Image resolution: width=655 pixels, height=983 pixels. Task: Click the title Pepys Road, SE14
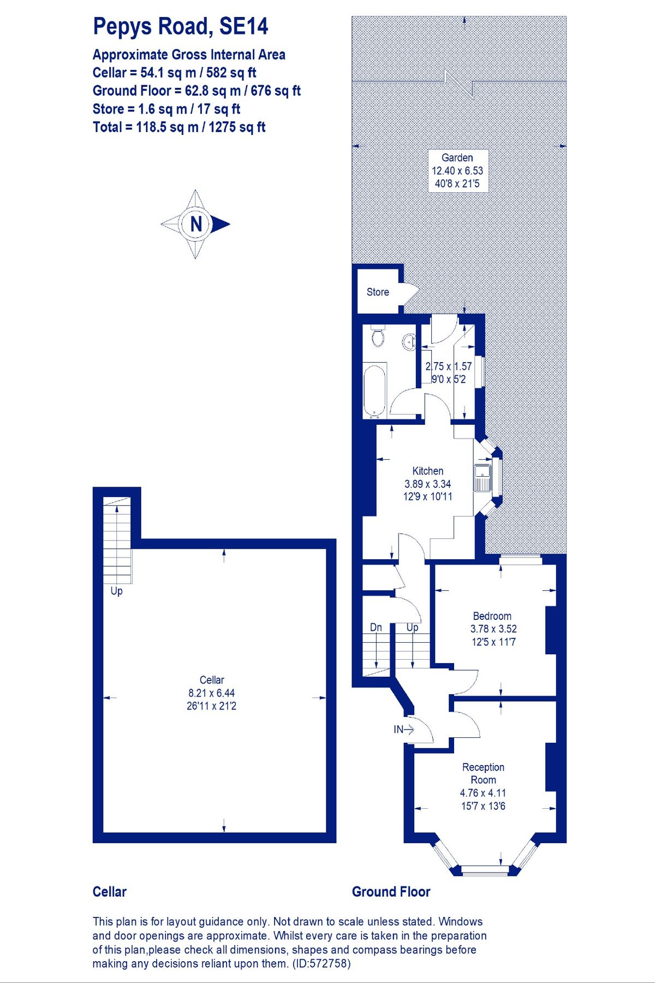click(180, 27)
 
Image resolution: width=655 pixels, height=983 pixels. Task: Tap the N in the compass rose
click(196, 224)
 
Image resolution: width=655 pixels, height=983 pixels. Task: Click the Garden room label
click(457, 158)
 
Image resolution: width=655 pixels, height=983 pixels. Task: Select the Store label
click(378, 292)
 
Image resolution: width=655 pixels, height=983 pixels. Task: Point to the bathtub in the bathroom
click(375, 390)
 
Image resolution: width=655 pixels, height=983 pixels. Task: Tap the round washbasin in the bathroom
click(409, 342)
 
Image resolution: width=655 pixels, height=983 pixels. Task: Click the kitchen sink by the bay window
click(483, 477)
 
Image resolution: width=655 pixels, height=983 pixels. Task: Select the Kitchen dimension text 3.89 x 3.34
click(427, 484)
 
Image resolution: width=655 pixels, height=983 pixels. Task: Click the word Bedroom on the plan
click(492, 616)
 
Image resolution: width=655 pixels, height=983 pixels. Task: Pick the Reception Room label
click(483, 773)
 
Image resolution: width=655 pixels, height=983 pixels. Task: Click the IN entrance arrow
click(404, 729)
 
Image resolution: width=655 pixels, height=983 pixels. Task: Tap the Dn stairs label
click(376, 627)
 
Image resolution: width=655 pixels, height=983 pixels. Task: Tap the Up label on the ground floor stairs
click(412, 627)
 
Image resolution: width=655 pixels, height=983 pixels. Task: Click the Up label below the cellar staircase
click(116, 591)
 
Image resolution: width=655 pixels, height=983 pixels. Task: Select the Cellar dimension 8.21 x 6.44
click(212, 693)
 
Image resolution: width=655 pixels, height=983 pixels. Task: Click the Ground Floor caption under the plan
click(391, 892)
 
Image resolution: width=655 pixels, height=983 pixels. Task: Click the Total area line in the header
click(179, 127)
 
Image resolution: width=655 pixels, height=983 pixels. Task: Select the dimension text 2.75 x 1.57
click(449, 366)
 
